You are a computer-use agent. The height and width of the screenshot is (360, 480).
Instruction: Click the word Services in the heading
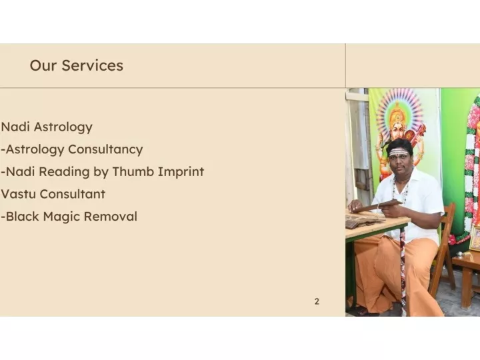coord(93,65)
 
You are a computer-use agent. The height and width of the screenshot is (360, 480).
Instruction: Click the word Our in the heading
coord(43,65)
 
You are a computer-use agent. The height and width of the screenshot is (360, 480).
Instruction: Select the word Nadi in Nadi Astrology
coord(15,127)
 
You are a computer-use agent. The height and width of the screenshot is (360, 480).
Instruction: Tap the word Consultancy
coord(105,150)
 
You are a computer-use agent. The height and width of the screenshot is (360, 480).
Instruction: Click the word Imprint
coord(181,172)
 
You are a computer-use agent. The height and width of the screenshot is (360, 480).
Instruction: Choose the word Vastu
coord(19,194)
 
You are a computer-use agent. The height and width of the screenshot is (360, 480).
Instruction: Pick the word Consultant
coord(73,194)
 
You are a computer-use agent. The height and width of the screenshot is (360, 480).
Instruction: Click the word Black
coord(23,217)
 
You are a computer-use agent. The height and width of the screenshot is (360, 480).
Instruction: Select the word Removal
coord(111,217)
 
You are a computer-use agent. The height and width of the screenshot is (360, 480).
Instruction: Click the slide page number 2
coord(317,301)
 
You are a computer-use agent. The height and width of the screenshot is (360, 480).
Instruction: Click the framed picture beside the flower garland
coord(475,239)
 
